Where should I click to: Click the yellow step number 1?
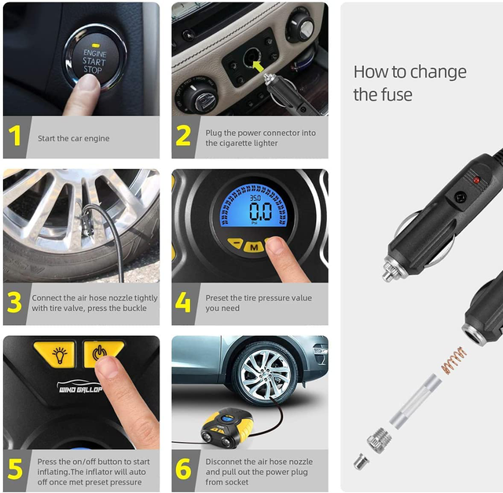point(15,137)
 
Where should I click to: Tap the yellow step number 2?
point(183,137)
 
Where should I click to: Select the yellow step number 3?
point(15,303)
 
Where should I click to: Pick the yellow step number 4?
point(183,303)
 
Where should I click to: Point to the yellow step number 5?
point(15,469)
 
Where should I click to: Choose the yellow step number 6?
point(183,469)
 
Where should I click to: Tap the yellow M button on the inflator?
point(253,246)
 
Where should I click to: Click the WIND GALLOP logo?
point(80,389)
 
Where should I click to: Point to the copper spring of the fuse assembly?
point(453,360)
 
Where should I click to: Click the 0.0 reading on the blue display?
point(260,211)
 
